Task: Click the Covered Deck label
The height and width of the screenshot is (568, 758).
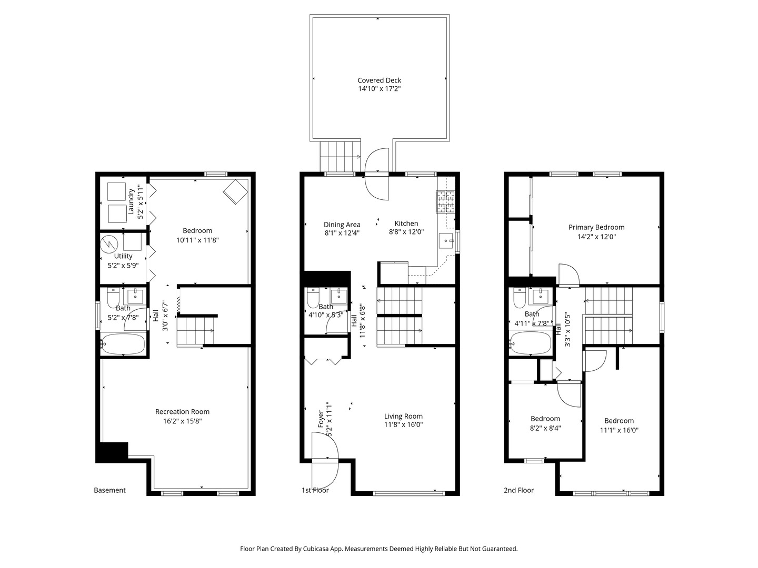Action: tap(379, 80)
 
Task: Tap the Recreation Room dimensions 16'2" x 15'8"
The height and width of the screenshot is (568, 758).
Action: tap(182, 421)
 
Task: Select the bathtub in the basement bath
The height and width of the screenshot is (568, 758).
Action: tap(123, 343)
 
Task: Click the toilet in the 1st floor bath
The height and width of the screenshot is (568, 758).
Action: tap(313, 297)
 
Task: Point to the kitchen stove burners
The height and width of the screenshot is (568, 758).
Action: tap(446, 201)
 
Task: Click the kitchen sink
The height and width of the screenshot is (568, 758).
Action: tap(446, 240)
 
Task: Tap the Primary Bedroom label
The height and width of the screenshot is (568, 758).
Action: tap(596, 227)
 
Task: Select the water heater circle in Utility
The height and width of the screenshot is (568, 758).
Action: tap(109, 244)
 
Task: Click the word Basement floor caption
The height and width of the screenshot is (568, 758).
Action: tap(110, 490)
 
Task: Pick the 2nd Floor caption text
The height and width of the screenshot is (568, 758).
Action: tap(518, 490)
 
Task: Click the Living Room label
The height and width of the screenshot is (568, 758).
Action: tap(403, 416)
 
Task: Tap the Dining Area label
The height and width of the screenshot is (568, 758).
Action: tap(342, 225)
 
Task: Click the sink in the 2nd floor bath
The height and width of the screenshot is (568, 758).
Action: tap(541, 296)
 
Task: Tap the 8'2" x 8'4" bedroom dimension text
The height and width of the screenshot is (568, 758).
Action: tap(545, 428)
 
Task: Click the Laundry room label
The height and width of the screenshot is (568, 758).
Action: tap(131, 202)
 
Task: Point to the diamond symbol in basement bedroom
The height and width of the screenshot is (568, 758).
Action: tap(235, 192)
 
